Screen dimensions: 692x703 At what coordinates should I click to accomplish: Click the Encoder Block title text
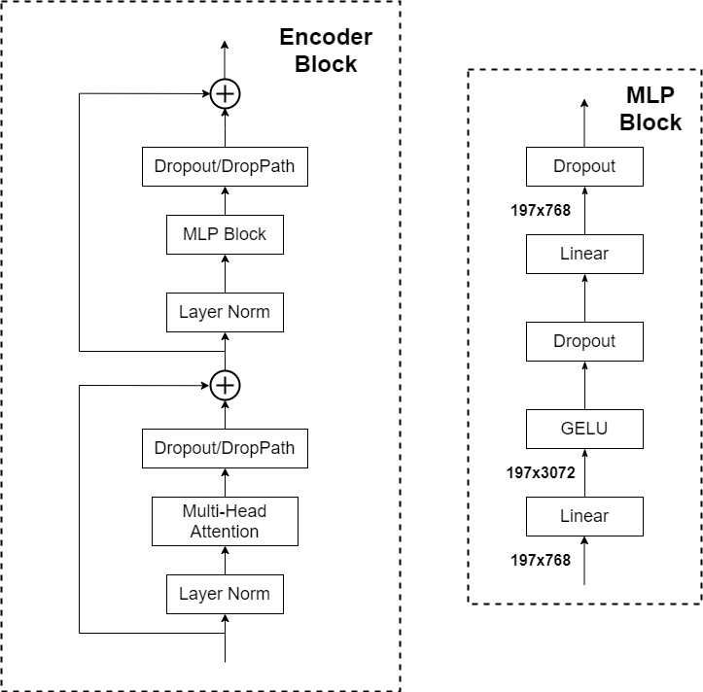(x=326, y=52)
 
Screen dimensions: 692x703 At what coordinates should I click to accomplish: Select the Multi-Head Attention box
(x=225, y=521)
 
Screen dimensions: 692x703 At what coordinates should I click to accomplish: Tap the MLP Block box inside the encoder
(x=225, y=234)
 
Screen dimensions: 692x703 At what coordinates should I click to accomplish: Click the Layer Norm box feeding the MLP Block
(x=225, y=313)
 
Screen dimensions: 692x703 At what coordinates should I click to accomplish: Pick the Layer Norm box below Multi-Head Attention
(x=225, y=594)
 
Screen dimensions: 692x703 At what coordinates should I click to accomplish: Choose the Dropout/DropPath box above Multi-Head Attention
(x=225, y=449)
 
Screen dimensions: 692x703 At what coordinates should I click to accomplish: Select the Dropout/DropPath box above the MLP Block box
(x=225, y=167)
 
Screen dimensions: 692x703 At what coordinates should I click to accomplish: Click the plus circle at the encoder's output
(x=225, y=94)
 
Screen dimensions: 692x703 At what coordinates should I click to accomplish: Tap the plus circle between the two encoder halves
(x=225, y=386)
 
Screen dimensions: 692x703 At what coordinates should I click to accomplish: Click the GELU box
(x=584, y=429)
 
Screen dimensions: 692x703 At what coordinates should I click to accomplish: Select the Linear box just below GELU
(x=584, y=516)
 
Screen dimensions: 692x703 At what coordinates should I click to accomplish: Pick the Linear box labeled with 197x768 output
(x=584, y=254)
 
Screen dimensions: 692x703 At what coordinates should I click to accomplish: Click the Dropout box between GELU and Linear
(x=584, y=341)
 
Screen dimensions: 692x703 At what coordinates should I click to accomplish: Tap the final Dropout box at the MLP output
(x=584, y=166)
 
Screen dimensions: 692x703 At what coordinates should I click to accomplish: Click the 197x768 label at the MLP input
(x=540, y=560)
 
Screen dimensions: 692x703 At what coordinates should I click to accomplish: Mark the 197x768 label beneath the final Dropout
(x=540, y=209)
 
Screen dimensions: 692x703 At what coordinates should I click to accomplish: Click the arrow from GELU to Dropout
(x=584, y=385)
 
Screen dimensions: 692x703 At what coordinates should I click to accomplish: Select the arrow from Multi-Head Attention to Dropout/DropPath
(x=225, y=483)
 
